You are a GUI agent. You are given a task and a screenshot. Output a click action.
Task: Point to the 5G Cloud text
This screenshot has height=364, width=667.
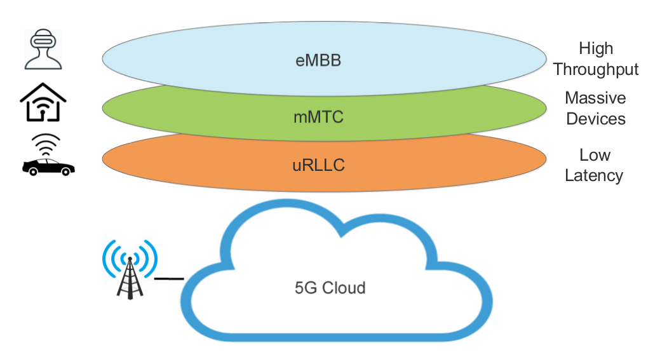point(330,288)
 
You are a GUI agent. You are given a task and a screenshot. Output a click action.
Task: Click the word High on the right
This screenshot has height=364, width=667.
point(596,48)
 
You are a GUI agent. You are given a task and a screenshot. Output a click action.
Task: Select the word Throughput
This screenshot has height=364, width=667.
point(596,69)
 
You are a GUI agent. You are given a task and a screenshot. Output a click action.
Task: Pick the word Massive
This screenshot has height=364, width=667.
point(595,98)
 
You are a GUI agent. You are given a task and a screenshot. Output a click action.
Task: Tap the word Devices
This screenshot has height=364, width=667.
point(595,119)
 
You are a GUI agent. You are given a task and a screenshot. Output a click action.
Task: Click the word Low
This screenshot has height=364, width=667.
point(595,155)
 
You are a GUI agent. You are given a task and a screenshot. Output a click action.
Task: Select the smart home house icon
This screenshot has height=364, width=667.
point(43,102)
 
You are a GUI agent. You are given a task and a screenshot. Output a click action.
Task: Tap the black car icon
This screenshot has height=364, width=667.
point(48,166)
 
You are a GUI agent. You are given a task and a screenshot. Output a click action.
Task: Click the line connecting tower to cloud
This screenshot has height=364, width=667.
point(169,278)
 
